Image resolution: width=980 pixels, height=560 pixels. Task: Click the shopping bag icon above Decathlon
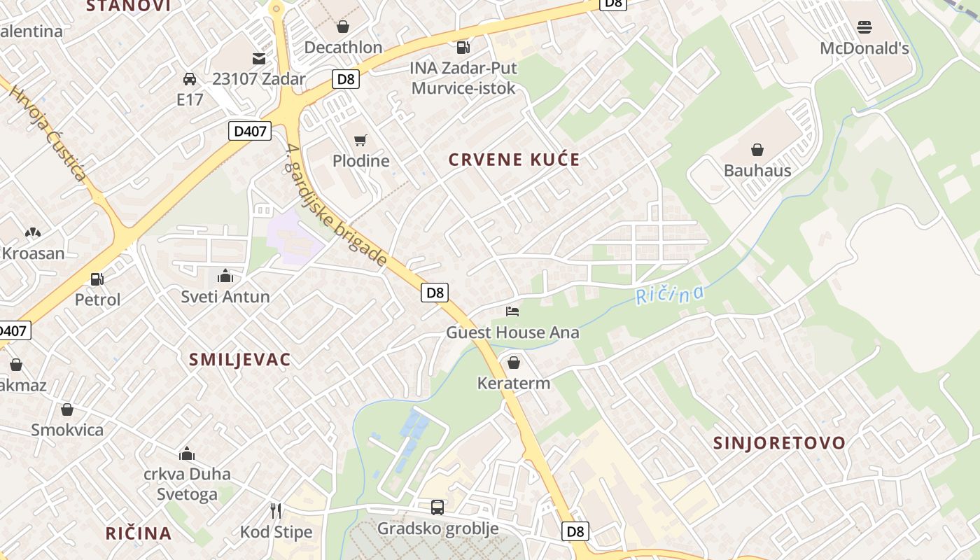[342, 27]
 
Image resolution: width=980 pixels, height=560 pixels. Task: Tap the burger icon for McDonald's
[864, 27]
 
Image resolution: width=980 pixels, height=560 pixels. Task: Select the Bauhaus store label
[757, 170]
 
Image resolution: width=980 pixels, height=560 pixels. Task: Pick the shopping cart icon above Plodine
[360, 141]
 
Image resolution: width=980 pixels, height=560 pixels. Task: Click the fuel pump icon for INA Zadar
[463, 48]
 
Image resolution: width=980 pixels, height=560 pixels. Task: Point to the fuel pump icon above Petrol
[97, 279]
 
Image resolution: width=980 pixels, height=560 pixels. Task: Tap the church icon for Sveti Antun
[225, 276]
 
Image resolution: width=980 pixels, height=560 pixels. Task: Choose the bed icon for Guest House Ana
[513, 311]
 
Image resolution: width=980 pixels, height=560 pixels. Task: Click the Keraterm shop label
[514, 383]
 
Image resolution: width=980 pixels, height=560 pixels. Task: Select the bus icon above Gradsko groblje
[437, 507]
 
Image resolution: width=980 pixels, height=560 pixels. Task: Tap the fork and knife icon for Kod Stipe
[276, 511]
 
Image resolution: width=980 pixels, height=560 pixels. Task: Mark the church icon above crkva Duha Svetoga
[187, 454]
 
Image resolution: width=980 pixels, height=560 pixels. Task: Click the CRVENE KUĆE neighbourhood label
[514, 160]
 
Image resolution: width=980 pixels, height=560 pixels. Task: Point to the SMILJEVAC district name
[239, 360]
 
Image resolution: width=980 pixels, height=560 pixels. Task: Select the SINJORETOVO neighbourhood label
[779, 442]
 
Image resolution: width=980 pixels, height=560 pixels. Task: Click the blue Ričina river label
[670, 295]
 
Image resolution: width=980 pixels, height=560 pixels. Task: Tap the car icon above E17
[189, 78]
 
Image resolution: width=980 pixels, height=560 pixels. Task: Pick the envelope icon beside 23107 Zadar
[259, 58]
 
